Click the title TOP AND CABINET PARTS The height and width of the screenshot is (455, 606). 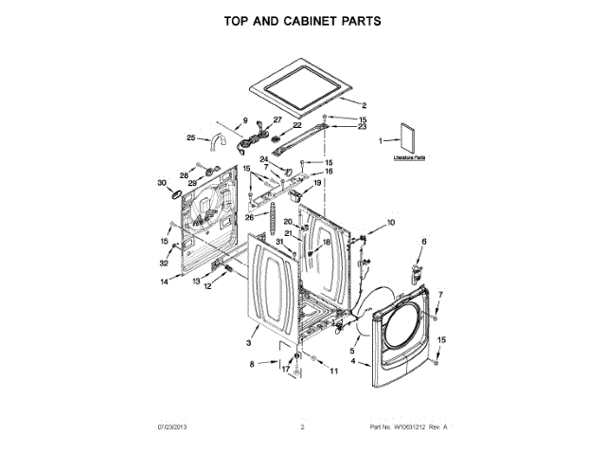(302, 19)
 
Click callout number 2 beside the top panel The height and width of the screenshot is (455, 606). (365, 104)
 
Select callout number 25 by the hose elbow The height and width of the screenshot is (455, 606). (191, 138)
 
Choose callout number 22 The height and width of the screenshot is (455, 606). (295, 125)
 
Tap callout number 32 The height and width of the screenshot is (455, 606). (164, 263)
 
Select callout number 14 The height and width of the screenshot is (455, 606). (164, 282)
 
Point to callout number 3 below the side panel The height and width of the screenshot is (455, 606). (248, 342)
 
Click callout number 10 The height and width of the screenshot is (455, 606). (392, 223)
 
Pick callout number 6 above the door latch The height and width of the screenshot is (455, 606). (423, 243)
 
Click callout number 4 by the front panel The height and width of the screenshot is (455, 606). (353, 361)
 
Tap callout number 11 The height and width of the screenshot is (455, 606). (333, 371)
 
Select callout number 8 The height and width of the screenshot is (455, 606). (252, 364)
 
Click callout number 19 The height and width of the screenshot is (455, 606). (331, 182)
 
